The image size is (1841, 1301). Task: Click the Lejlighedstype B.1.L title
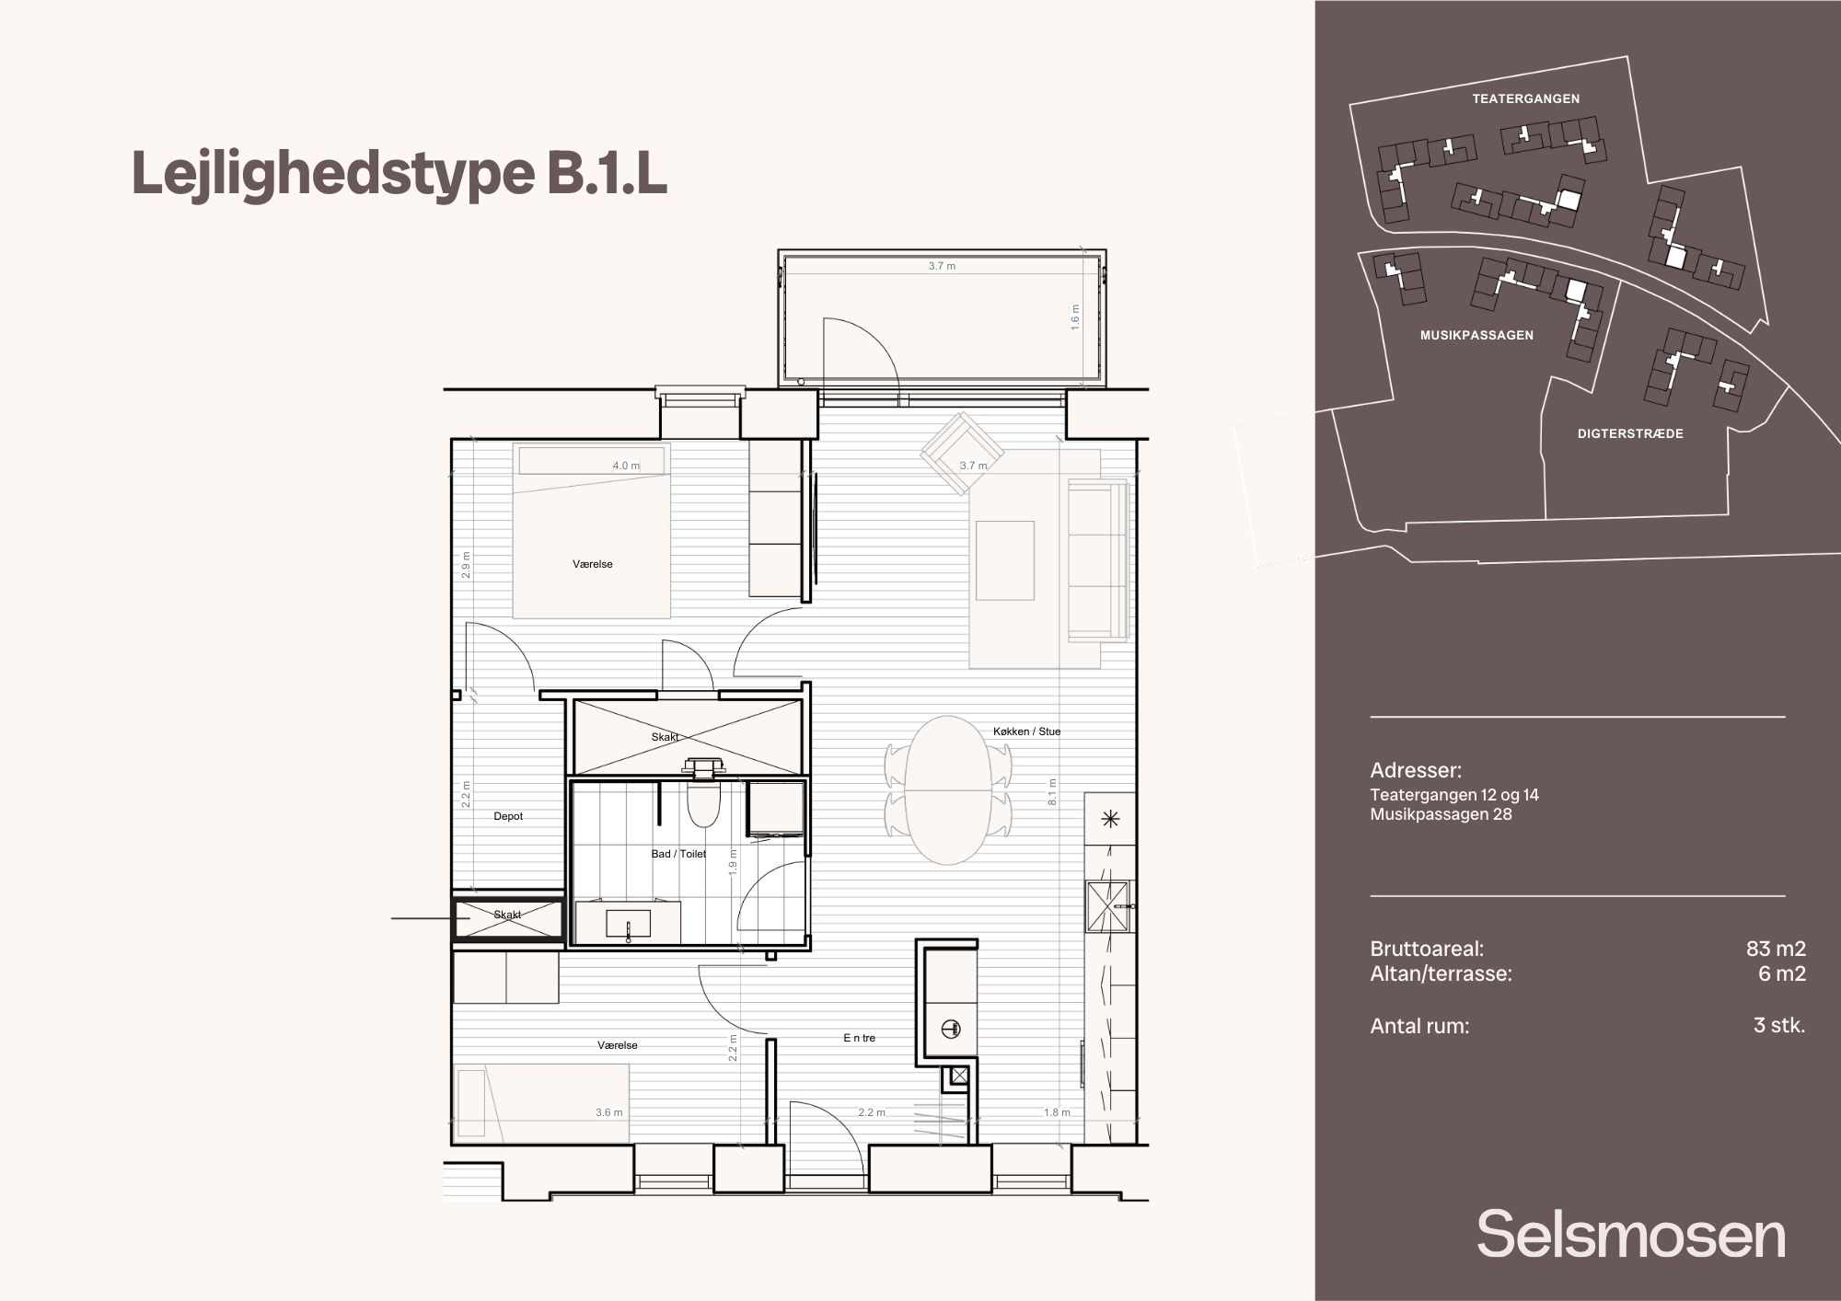point(399,174)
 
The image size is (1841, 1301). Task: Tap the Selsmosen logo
point(1631,1235)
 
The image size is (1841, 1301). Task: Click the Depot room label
point(508,816)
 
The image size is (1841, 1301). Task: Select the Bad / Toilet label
point(678,854)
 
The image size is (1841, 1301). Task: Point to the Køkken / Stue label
point(1026,731)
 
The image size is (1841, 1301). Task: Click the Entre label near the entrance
point(859,1038)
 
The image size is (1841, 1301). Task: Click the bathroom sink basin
point(628,923)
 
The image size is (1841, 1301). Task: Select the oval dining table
point(948,790)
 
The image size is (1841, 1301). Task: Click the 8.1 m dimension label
point(1052,791)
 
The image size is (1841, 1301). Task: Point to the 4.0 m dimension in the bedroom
point(626,466)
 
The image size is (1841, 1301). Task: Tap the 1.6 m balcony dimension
point(1075,317)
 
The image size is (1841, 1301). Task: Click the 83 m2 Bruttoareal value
point(1776,949)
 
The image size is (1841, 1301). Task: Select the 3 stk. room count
point(1779,1025)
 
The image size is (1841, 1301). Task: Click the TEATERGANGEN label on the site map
point(1525,98)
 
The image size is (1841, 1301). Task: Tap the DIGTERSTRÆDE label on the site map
point(1630,433)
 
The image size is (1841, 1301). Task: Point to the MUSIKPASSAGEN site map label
point(1476,336)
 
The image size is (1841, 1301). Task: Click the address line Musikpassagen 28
point(1441,814)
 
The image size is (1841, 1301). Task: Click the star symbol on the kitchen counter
point(1110,819)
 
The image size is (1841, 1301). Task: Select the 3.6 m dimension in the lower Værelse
point(608,1112)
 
